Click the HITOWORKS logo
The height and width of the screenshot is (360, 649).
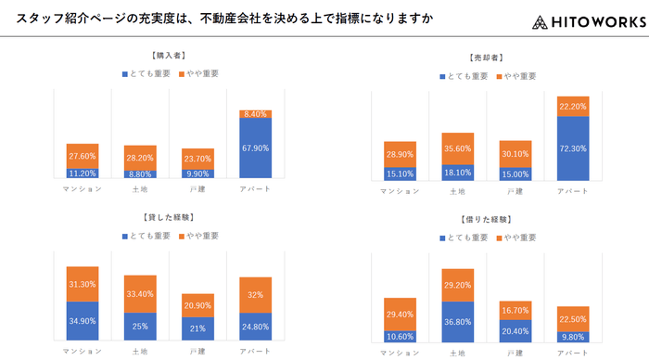[x=590, y=21]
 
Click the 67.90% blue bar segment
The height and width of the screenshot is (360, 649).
[x=255, y=148]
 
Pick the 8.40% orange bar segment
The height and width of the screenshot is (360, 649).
[x=255, y=113]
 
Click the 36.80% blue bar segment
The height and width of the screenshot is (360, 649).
[x=458, y=322]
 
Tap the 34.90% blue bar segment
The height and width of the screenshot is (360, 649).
[x=83, y=321]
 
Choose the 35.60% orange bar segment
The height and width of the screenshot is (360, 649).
[x=458, y=148]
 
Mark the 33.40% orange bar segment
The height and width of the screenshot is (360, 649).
[x=140, y=294]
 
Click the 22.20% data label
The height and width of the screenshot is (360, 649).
[x=573, y=107]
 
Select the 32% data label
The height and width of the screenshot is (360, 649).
[x=255, y=294]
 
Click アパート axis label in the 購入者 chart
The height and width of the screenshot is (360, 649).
[x=255, y=189]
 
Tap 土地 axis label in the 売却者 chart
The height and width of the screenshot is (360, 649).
[x=458, y=192]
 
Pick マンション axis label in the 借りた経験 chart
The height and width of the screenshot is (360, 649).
[x=401, y=354]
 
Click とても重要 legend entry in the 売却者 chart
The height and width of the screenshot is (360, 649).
[x=463, y=76]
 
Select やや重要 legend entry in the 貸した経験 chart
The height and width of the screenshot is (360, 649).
[x=197, y=237]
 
